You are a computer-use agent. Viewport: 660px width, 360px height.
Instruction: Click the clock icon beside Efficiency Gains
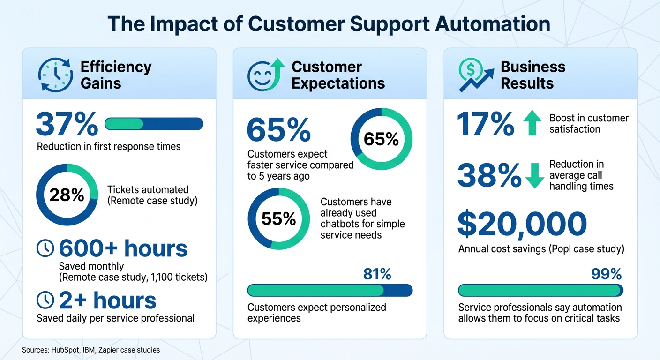(x=55, y=75)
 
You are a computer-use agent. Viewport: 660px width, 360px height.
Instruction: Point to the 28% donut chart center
(x=67, y=195)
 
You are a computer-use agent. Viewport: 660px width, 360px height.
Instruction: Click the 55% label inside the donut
(x=278, y=218)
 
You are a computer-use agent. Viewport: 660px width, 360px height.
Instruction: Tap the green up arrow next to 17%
(x=532, y=123)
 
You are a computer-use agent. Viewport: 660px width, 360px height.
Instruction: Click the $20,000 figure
(x=522, y=224)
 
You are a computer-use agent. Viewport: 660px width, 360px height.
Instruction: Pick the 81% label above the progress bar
(x=377, y=274)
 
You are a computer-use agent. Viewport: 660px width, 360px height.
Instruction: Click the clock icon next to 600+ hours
(x=45, y=249)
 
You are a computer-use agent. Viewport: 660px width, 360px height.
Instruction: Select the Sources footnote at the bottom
(x=91, y=350)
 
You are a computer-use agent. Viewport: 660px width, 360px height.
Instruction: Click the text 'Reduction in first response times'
(x=109, y=146)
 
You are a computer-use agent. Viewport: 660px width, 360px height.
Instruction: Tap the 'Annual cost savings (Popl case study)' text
(x=541, y=248)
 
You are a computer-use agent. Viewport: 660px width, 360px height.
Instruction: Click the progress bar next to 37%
(x=154, y=124)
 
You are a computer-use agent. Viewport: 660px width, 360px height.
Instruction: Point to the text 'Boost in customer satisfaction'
(x=589, y=123)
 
